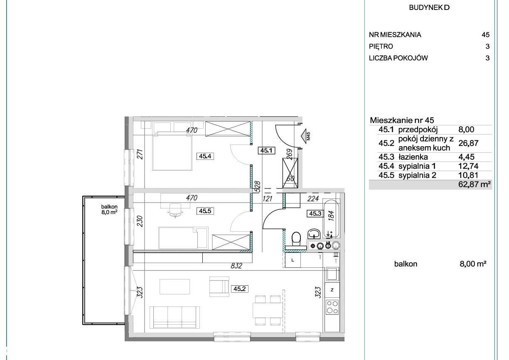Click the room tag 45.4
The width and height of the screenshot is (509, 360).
pos(205,156)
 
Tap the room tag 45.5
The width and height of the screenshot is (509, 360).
pos(205,211)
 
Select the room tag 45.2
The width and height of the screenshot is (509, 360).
pos(239,289)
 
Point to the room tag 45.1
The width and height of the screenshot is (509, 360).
pos(266,151)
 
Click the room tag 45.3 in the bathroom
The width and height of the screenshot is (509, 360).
pos(315,213)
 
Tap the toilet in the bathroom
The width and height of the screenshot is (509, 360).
pos(296,240)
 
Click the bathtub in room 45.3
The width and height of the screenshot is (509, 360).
pos(332,218)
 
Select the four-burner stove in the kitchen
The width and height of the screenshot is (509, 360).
pos(332,307)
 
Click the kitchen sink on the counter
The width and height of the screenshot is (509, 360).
pos(333,274)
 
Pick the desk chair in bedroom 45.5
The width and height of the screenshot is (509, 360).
pos(175,211)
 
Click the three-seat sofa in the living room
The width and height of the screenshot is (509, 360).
pos(175,317)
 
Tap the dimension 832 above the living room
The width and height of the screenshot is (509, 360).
pos(236,265)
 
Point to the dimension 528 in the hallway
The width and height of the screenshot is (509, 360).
pos(258,187)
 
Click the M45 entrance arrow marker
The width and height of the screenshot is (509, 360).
pos(305,136)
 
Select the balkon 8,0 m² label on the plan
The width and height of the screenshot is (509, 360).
pos(109,209)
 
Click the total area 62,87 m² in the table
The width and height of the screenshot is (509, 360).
pos(475,184)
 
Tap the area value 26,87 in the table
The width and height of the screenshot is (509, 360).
pos(468,143)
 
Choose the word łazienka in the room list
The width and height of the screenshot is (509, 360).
pos(413,157)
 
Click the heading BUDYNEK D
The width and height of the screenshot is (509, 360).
pos(429,7)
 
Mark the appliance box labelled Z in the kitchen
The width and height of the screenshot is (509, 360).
pos(332,290)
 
